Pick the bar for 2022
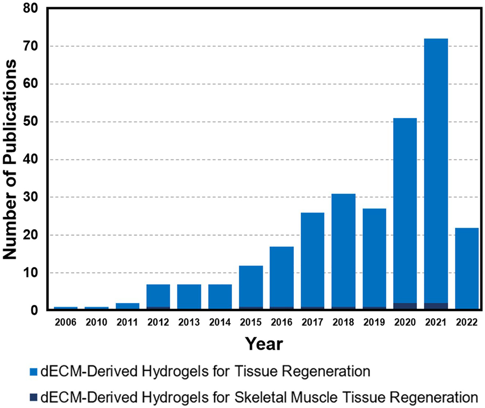(467, 269)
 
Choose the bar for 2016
(282, 277)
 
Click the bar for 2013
(189, 296)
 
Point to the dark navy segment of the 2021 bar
(436, 306)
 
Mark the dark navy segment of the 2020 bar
(405, 306)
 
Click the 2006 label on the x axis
(65, 322)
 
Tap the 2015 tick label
(251, 322)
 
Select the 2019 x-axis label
(374, 322)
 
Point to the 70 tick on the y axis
(30, 46)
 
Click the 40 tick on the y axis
(30, 160)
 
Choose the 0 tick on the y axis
(34, 310)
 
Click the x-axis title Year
(264, 344)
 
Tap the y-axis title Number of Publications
(10, 159)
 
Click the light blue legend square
(33, 372)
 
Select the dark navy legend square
(33, 397)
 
